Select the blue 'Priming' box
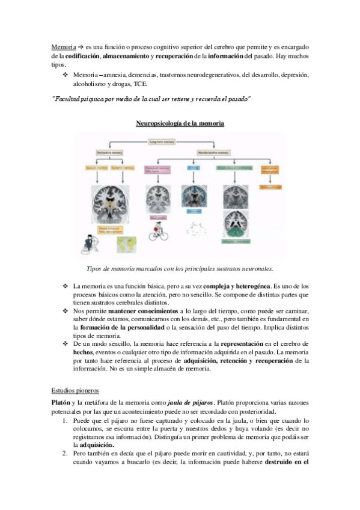point(194,170)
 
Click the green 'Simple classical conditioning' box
point(233,170)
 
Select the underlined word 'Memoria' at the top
point(63,46)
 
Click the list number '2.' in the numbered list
point(66,456)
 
